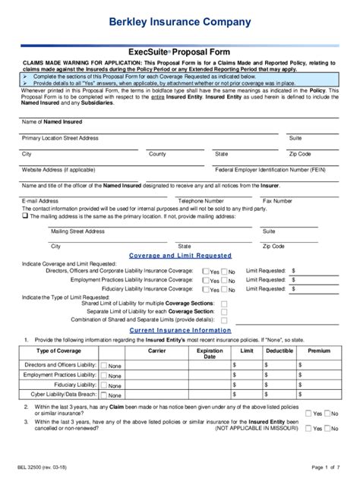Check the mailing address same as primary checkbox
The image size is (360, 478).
point(25,215)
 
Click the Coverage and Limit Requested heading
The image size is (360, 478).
point(180,256)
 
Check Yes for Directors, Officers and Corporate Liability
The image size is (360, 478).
point(205,271)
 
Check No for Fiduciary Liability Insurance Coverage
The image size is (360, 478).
point(224,289)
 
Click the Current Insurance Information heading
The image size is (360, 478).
point(180,331)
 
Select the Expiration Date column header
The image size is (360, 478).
point(210,354)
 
